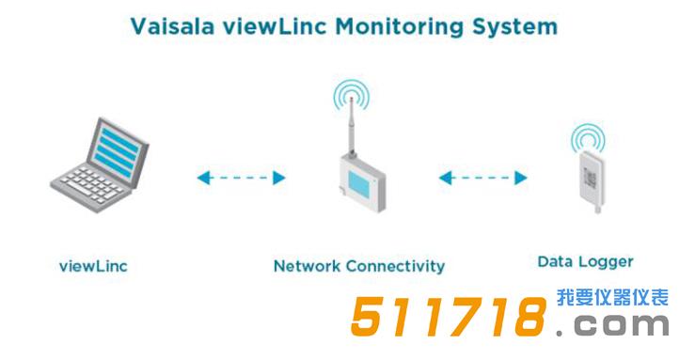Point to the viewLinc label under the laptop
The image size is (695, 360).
(93, 266)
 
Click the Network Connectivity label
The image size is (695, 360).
(358, 266)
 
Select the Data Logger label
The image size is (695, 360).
(585, 261)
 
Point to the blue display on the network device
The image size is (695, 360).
(358, 180)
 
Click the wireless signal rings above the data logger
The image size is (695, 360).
(587, 139)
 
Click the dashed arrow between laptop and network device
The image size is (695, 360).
(241, 177)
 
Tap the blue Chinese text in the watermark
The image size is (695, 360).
(612, 298)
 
